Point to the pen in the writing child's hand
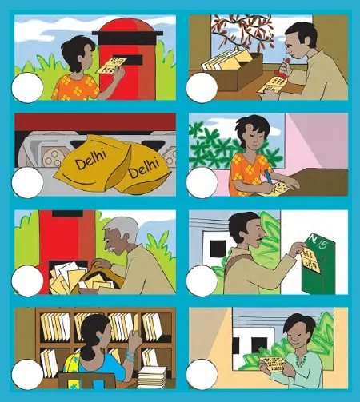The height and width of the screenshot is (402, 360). (266, 177)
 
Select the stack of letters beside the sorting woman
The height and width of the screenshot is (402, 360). (152, 374)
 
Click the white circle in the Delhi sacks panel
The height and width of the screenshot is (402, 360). (28, 182)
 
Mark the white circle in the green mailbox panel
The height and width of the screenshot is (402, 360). (202, 280)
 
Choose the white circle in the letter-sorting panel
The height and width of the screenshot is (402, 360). (28, 374)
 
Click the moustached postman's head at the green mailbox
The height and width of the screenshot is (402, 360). (242, 229)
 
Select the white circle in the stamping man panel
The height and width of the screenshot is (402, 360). (202, 87)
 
